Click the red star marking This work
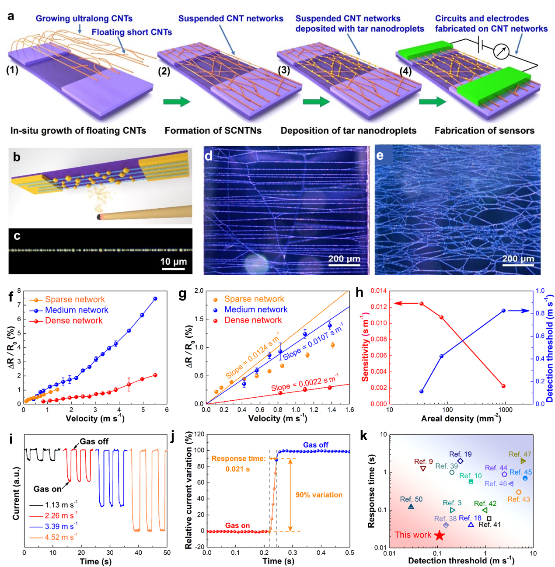coord(439,535)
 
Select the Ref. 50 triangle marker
coord(411,507)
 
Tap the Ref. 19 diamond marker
coord(460,461)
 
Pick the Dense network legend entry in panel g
coord(253,320)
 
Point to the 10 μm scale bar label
coord(174,262)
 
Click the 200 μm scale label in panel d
coord(344,259)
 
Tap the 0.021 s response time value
coord(237,469)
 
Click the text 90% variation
coord(319,495)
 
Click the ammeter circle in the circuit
coord(501,52)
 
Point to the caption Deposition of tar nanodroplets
coord(348,131)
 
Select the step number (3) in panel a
coord(283,70)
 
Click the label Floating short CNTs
coord(132,32)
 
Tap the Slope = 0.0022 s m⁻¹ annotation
coord(305,384)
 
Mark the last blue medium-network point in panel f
coord(155,299)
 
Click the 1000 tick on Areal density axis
coord(505,410)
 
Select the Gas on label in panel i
coord(48,489)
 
